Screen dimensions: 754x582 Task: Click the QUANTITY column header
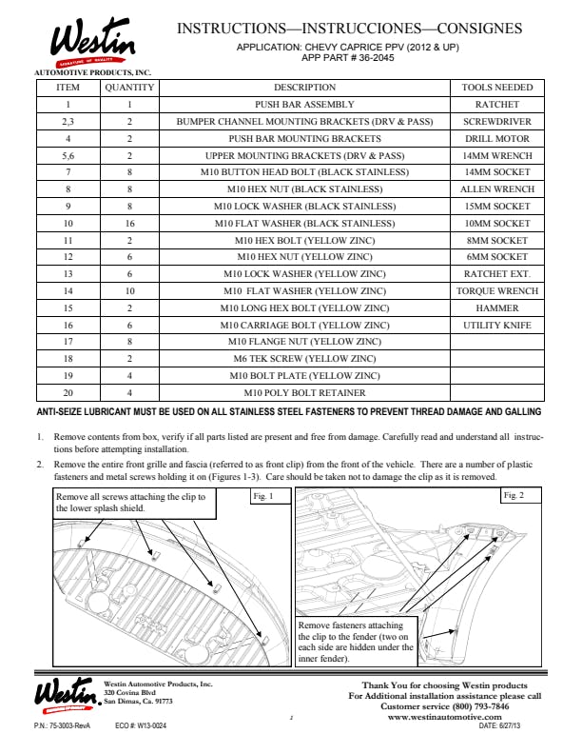pyautogui.click(x=129, y=88)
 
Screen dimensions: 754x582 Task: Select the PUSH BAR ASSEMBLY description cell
pyautogui.click(x=304, y=105)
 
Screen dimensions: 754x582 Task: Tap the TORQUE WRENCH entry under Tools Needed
pyautogui.click(x=496, y=291)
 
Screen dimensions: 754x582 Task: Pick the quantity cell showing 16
pyautogui.click(x=129, y=223)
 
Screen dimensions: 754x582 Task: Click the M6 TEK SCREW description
pyautogui.click(x=304, y=359)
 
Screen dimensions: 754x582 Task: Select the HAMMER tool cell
pyautogui.click(x=496, y=308)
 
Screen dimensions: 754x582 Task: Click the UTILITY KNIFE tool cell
pyautogui.click(x=496, y=326)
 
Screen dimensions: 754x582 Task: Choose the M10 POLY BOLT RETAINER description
pyautogui.click(x=304, y=392)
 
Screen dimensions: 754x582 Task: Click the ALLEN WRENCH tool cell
pyautogui.click(x=496, y=189)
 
